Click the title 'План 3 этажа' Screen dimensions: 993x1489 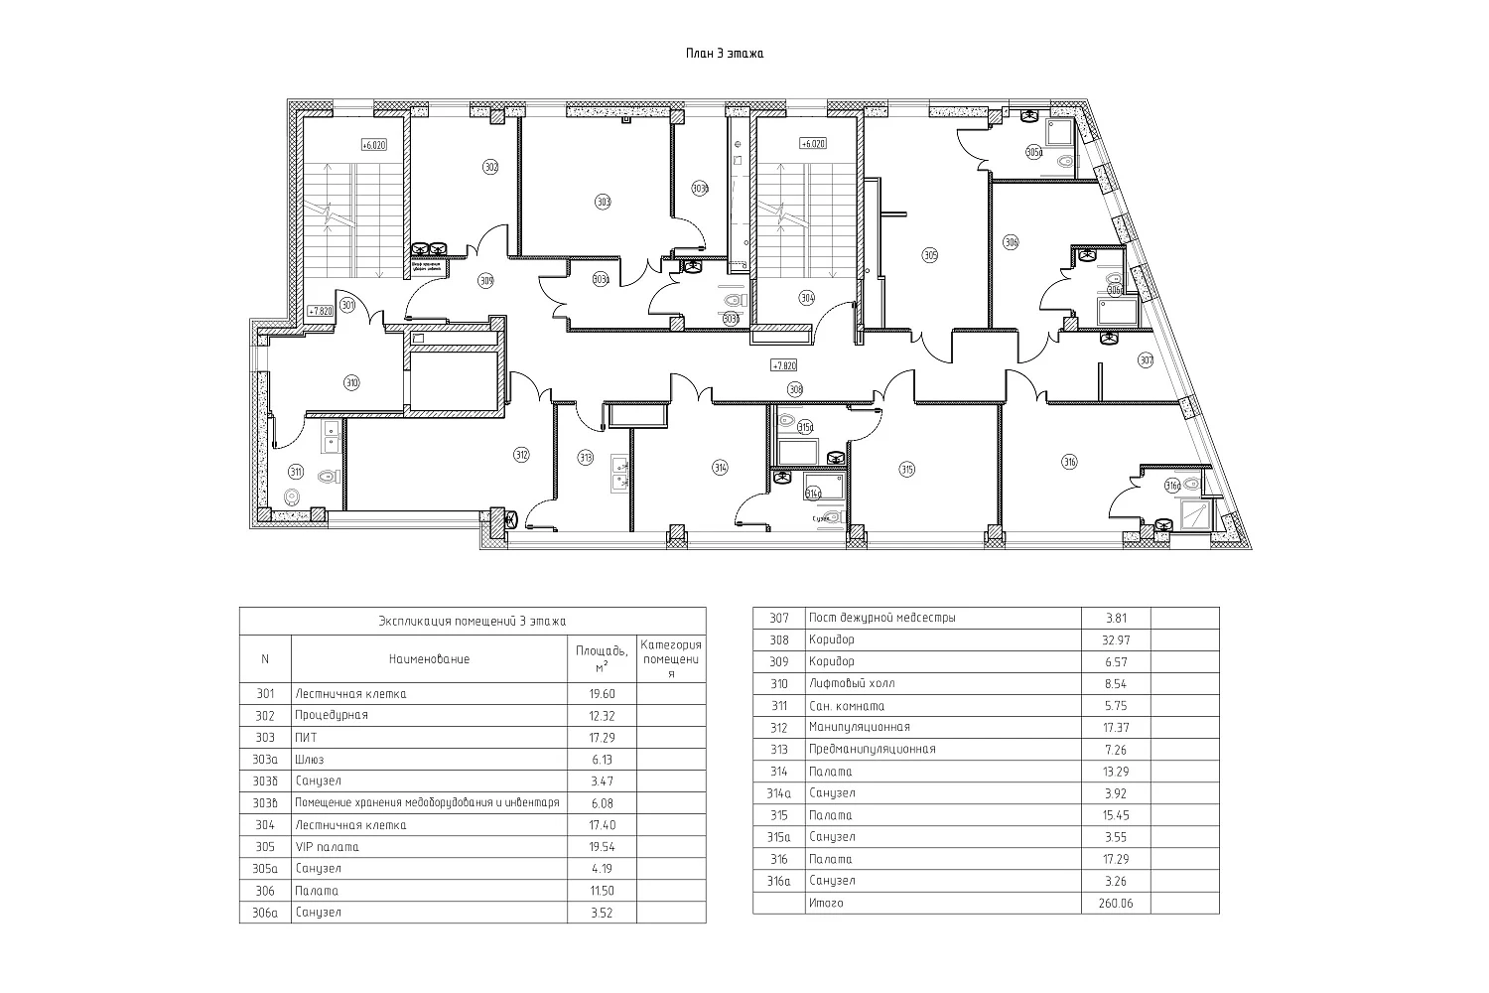(724, 54)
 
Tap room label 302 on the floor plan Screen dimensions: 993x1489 (489, 167)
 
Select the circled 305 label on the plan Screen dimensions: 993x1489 (930, 255)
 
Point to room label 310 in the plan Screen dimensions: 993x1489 (351, 382)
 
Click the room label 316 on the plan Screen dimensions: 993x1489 (1069, 461)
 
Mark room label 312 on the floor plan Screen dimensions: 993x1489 (521, 455)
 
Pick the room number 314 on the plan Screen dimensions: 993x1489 (720, 467)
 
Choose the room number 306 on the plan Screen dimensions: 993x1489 (1012, 241)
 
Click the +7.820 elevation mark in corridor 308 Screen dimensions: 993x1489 (784, 365)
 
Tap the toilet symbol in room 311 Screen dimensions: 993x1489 (293, 496)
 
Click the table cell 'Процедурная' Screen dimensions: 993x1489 (332, 716)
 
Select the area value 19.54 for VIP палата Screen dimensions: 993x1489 (602, 847)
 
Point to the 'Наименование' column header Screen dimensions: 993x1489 (429, 659)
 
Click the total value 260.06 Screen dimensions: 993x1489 (1116, 903)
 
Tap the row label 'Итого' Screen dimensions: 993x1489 (826, 903)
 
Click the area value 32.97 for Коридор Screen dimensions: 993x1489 (1116, 640)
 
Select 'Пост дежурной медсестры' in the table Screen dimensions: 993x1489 (882, 619)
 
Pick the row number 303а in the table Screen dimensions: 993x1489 (264, 760)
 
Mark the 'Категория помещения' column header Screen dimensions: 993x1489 (671, 659)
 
